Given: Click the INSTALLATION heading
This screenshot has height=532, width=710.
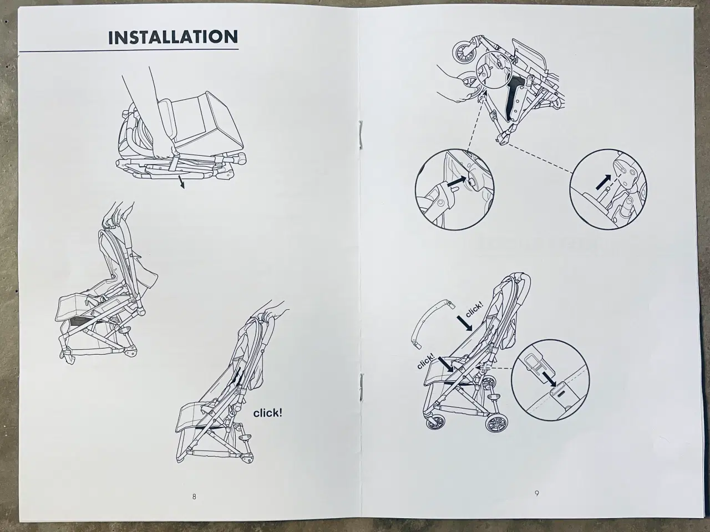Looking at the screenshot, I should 173,37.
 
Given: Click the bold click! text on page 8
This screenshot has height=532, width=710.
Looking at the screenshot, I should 268,413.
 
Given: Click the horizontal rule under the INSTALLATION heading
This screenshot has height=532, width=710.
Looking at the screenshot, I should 129,52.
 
